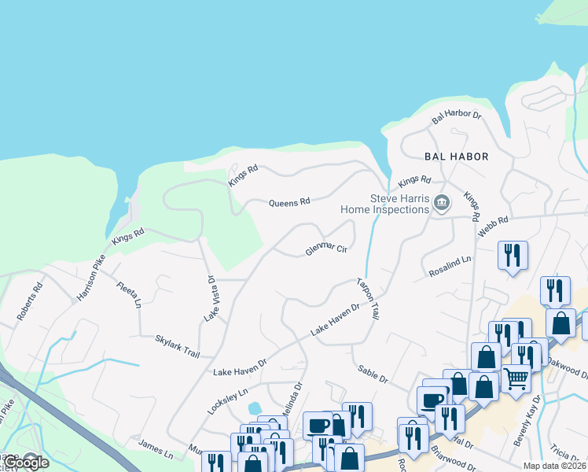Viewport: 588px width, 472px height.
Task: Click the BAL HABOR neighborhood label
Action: point(457,157)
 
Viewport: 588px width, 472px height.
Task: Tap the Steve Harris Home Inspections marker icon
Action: point(442,204)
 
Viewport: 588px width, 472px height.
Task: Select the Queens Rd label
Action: point(289,203)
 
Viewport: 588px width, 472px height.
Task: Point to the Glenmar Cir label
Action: point(326,251)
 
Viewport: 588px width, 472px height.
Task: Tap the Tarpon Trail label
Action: point(368,298)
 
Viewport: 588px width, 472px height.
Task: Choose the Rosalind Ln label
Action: point(450,265)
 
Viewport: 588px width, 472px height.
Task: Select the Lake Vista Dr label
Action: point(210,298)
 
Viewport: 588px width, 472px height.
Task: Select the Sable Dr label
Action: point(373,374)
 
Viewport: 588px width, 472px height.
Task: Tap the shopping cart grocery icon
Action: point(516,379)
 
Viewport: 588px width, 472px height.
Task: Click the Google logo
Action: point(26,463)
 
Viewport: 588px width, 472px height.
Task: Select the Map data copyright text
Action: point(555,466)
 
